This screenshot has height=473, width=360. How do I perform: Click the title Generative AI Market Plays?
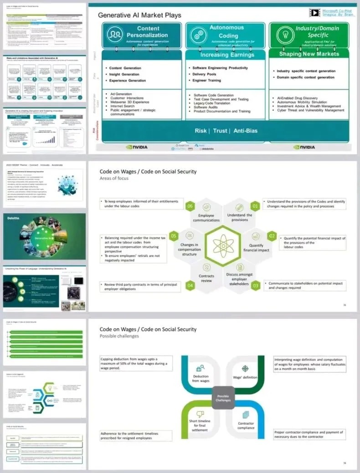140,15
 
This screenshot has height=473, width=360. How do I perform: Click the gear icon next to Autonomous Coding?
197,34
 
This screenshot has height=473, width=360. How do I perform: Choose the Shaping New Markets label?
309,54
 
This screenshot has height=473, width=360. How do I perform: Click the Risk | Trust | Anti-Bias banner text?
226,130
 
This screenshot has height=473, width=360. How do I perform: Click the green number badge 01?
256,206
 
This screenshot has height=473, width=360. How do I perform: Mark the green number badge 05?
173,236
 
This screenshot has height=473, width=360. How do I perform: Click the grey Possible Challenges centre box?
223,398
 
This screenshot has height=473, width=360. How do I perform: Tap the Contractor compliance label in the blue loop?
246,425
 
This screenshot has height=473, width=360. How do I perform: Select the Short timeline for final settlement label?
200,425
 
